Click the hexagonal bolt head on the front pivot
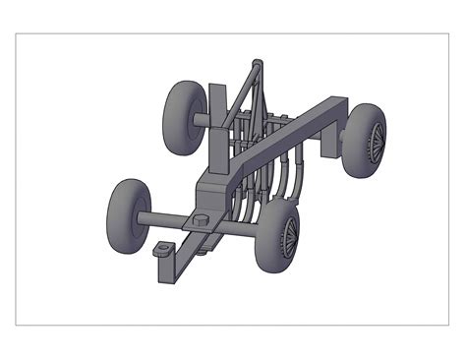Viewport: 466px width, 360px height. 200,221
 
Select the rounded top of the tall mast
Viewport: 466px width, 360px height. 258,67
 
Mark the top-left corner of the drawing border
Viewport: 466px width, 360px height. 17,34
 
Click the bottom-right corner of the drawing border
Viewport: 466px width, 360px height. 448,325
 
